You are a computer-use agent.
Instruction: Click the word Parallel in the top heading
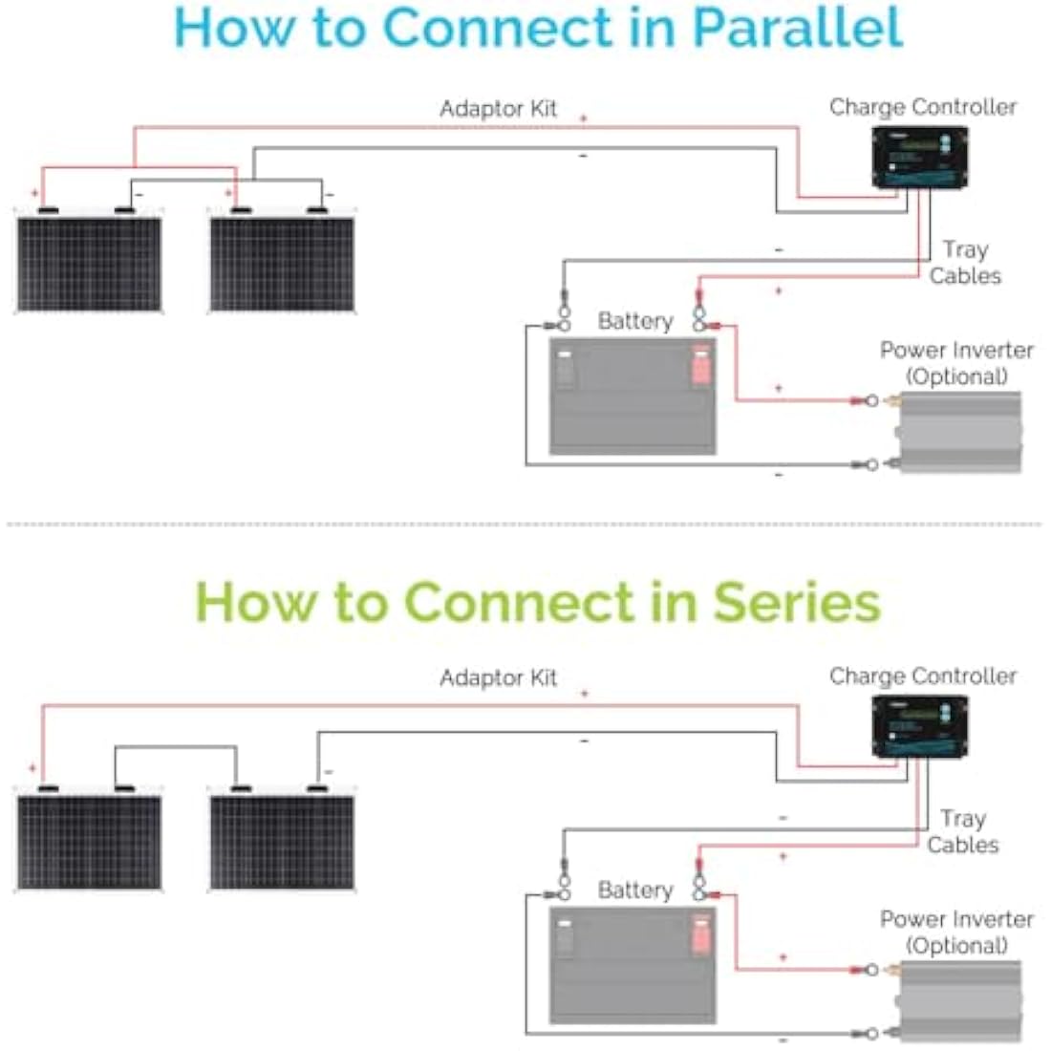798,28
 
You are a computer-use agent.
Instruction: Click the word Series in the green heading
797,603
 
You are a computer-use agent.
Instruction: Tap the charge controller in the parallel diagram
919,158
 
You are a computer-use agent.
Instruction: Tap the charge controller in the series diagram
919,726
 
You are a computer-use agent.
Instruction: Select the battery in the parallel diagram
633,397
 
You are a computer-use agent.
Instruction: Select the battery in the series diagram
633,965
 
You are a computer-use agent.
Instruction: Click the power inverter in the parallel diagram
958,432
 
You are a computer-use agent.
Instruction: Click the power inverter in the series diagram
958,1001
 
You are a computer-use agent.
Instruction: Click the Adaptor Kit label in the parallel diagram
498,109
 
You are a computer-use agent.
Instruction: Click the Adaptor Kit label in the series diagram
498,677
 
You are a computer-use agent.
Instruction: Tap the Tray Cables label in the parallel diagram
965,263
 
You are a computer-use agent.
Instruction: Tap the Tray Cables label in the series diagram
962,832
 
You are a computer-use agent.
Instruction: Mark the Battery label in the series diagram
635,890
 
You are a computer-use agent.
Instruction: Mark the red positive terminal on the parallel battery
701,366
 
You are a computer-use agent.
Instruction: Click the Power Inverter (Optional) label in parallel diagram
956,363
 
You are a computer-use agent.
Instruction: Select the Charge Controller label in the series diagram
923,676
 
